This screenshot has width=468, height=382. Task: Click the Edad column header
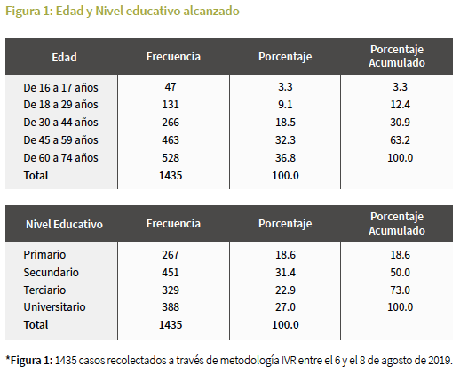64,57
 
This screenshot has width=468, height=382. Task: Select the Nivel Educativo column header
64,224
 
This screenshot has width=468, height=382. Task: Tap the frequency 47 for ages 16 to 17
171,87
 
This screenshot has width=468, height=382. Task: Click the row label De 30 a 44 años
60,123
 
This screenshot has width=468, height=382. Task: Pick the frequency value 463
171,140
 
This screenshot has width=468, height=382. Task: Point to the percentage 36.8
285,158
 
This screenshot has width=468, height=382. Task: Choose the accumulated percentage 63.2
400,140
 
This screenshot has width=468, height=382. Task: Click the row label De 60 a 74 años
60,158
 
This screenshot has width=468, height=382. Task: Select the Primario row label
44,255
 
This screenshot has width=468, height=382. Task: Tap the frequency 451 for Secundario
171,273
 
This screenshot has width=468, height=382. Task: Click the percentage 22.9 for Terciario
285,290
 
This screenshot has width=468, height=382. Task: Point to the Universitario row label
55,307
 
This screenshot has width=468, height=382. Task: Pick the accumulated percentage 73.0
400,290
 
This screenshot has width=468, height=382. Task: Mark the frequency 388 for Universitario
171,307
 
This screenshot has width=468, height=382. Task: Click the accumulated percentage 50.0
400,273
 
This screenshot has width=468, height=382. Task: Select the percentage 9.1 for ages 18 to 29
285,105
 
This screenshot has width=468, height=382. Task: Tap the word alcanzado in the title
211,11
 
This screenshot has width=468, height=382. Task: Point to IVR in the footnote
289,361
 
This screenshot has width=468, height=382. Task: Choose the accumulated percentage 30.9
400,123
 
